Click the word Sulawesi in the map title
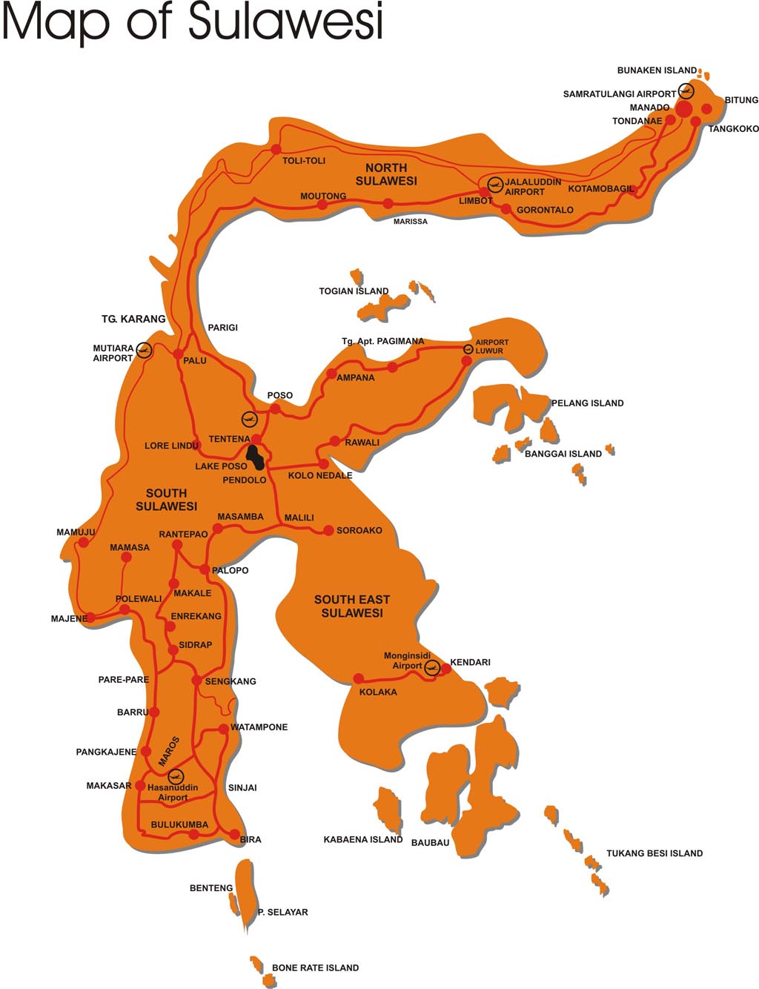[x=285, y=21]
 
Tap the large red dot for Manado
[x=683, y=110]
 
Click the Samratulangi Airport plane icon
[x=686, y=92]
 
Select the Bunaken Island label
[x=657, y=70]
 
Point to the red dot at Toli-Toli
[x=276, y=148]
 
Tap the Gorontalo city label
[x=545, y=210]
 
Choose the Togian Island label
[x=354, y=291]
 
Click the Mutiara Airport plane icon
[x=144, y=350]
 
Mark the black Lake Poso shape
[x=255, y=457]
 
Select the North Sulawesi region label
[x=386, y=174]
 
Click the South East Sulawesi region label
[x=352, y=606]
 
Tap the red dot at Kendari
[x=446, y=669]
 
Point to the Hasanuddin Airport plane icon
[x=176, y=776]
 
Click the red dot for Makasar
[x=140, y=785]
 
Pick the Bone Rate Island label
[x=315, y=967]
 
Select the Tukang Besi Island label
[x=654, y=853]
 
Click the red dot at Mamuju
[x=84, y=542]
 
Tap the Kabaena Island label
[x=362, y=840]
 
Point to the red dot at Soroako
[x=328, y=530]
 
